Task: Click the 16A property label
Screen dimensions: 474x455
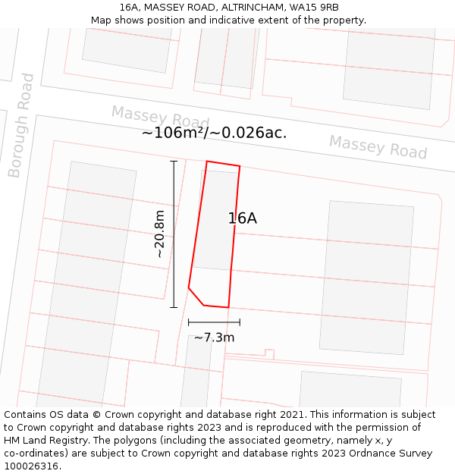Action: tap(242, 218)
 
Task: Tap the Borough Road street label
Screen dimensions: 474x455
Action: tap(21, 125)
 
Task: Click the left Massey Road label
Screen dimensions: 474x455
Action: tap(160, 118)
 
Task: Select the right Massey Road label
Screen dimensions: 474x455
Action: tap(378, 146)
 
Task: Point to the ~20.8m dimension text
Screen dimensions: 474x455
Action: tap(159, 234)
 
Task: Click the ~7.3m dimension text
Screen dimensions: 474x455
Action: tap(214, 337)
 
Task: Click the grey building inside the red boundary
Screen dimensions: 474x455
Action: tap(215, 220)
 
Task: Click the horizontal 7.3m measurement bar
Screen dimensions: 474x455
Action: tap(214, 322)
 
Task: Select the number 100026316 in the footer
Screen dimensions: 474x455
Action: tap(32, 466)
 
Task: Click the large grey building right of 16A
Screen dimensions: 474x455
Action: tap(367, 278)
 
